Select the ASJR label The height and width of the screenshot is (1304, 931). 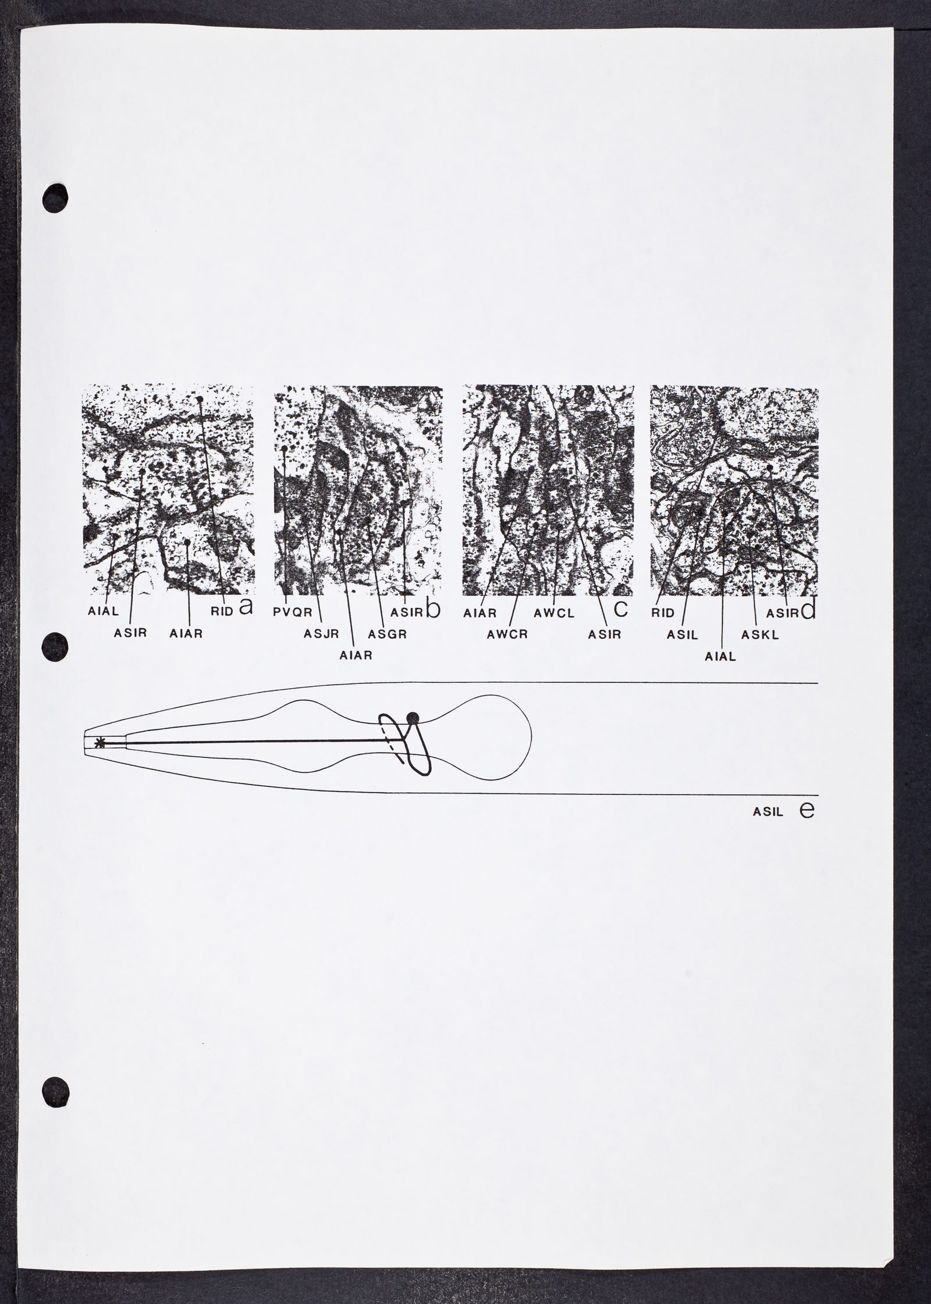pyautogui.click(x=321, y=635)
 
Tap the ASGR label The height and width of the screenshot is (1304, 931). pyautogui.click(x=389, y=635)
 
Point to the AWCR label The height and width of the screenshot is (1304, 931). pyautogui.click(x=507, y=635)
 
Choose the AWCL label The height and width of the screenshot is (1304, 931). pyautogui.click(x=554, y=612)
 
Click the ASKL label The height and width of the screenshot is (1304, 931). pyautogui.click(x=760, y=635)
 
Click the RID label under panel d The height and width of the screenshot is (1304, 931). pyautogui.click(x=663, y=612)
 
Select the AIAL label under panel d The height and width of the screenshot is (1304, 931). pyautogui.click(x=720, y=657)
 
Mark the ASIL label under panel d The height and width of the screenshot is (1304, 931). pyautogui.click(x=683, y=635)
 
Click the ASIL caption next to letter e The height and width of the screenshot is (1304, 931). pyautogui.click(x=767, y=811)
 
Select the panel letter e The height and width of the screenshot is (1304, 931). pyautogui.click(x=807, y=810)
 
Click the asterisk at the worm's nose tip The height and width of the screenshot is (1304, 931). pyautogui.click(x=101, y=742)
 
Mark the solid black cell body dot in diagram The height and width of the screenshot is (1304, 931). pyautogui.click(x=413, y=718)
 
